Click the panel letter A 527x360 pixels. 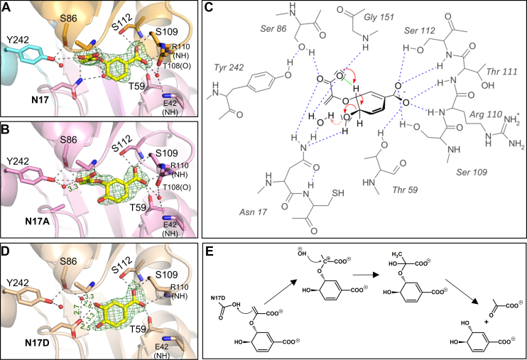(7, 8)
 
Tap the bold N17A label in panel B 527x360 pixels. (26, 231)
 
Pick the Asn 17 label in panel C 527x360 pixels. (283, 211)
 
